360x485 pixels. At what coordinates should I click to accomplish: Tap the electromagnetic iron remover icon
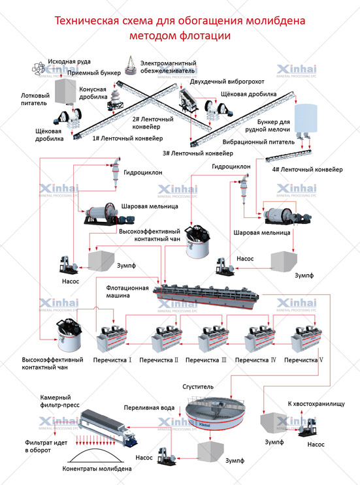pos(131,65)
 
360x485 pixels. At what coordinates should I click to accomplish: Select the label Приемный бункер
pos(94,73)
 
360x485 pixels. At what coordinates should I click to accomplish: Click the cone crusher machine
pos(114,97)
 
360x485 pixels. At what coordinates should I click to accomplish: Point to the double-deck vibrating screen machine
pos(188,99)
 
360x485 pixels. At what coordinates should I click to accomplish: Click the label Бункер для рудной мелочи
pos(268,125)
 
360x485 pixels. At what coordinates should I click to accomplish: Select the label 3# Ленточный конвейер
pos(198,153)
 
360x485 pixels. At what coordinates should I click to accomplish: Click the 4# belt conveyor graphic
pos(289,156)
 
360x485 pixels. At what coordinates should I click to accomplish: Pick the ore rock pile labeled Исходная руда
pos(39,68)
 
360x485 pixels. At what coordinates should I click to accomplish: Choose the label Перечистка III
pos(206,360)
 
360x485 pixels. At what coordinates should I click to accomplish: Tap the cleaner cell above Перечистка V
pos(306,339)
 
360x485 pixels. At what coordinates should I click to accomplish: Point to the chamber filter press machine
pos(108,427)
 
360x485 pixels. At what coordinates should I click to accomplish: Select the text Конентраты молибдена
pos(97,469)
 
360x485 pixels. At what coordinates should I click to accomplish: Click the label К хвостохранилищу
pos(316,403)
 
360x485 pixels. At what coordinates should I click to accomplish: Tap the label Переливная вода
pos(149,408)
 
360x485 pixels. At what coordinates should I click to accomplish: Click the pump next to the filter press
pos(166,456)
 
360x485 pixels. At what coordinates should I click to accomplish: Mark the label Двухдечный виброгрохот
pos(227,82)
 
